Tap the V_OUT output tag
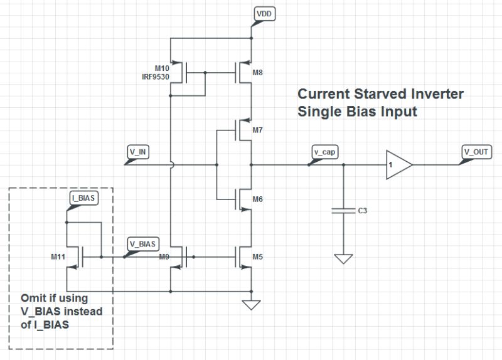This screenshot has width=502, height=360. pyautogui.click(x=476, y=152)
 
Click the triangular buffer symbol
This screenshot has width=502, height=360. pyautogui.click(x=397, y=165)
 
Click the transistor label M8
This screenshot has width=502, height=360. pyautogui.click(x=258, y=73)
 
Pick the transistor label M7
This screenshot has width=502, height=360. pyautogui.click(x=258, y=130)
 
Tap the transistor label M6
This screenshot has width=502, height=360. pyautogui.click(x=258, y=199)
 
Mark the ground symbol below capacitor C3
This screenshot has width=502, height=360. pyautogui.click(x=343, y=258)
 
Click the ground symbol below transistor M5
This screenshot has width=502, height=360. pyautogui.click(x=251, y=305)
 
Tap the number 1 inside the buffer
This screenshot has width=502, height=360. pyautogui.click(x=391, y=166)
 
